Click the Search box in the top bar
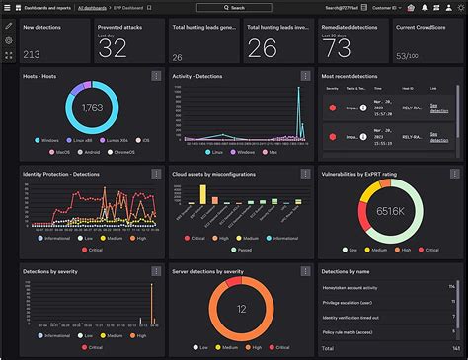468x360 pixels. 233,7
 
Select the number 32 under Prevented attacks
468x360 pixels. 113,47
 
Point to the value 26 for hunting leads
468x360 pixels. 262,48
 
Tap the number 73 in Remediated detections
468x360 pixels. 337,48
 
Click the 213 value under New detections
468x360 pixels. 32,54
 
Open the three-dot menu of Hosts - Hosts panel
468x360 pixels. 154,76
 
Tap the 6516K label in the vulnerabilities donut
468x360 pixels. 388,210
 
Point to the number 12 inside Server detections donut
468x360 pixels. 240,309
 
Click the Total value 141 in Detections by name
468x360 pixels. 454,348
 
